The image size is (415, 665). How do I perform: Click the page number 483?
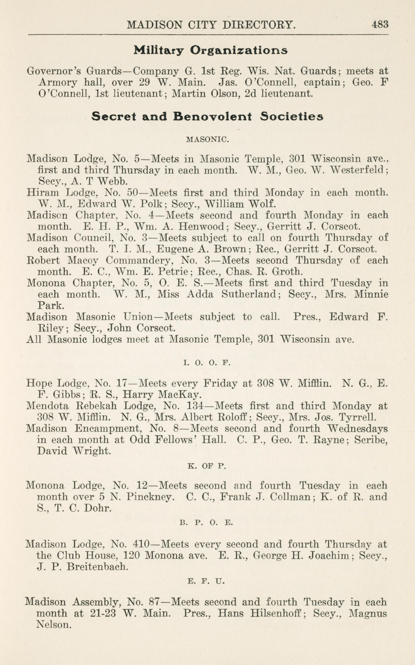[x=380, y=25]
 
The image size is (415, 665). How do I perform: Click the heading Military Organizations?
[x=211, y=50]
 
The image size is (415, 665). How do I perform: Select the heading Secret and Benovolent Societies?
[x=207, y=117]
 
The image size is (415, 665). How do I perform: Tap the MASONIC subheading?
[x=207, y=140]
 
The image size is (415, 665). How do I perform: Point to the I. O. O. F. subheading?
[x=206, y=363]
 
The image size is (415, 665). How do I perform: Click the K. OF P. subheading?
[x=207, y=466]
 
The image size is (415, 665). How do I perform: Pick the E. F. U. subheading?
[x=206, y=581]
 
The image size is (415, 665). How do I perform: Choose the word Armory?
[x=58, y=83]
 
